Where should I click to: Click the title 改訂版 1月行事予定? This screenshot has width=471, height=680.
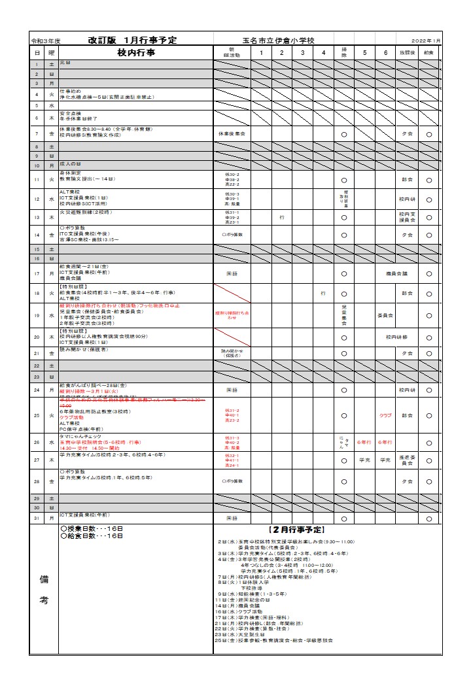pyautogui.click(x=132, y=41)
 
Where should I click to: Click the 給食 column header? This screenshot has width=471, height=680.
pyautogui.click(x=428, y=52)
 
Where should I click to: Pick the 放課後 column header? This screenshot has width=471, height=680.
pyautogui.click(x=407, y=52)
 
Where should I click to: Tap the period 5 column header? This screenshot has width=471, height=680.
pyautogui.click(x=364, y=52)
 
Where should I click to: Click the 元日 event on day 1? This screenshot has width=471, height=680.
pyautogui.click(x=65, y=63)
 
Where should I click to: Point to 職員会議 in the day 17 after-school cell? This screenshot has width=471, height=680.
pyautogui.click(x=396, y=273)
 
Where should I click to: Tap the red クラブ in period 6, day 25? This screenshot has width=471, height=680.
pyautogui.click(x=385, y=415)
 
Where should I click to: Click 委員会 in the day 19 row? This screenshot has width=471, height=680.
pyautogui.click(x=385, y=315)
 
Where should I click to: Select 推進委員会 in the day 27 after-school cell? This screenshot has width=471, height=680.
pyautogui.click(x=407, y=460)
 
